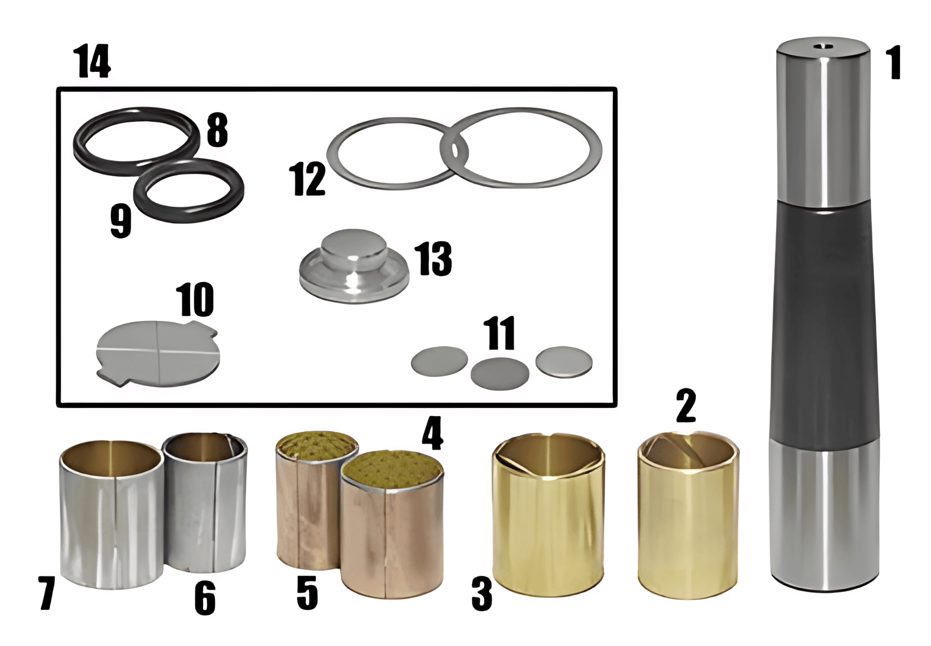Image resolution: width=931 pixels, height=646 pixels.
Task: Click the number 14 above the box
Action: pos(92,62)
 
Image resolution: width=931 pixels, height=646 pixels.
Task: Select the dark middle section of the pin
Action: pos(824,324)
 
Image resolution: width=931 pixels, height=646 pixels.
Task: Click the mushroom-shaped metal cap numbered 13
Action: pos(354,265)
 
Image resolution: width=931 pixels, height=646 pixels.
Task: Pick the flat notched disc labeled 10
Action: pos(158,353)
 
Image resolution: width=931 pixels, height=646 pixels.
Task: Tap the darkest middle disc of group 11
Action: pos(499,373)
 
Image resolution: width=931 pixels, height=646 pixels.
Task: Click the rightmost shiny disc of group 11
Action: pos(564,362)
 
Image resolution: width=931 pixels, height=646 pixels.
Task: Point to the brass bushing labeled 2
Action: pos(688,515)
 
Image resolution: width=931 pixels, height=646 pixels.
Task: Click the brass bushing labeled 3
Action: pos(549,515)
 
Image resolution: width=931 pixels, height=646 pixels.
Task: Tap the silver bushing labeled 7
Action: pos(112,515)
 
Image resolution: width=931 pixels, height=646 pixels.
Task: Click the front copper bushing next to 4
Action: pos(392,526)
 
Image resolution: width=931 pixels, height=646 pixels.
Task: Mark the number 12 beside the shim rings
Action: pos(308,179)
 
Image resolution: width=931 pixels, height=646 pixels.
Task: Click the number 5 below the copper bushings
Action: pos(307,593)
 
